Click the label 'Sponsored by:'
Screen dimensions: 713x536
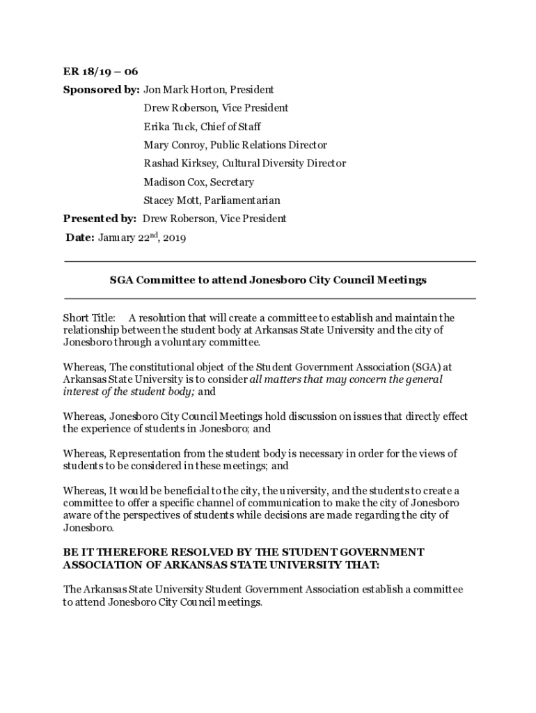coord(101,90)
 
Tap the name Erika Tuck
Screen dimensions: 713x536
coord(168,127)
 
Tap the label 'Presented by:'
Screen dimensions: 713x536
coord(100,219)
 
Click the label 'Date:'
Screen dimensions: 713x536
coord(80,237)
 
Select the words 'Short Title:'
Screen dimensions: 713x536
coord(89,318)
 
